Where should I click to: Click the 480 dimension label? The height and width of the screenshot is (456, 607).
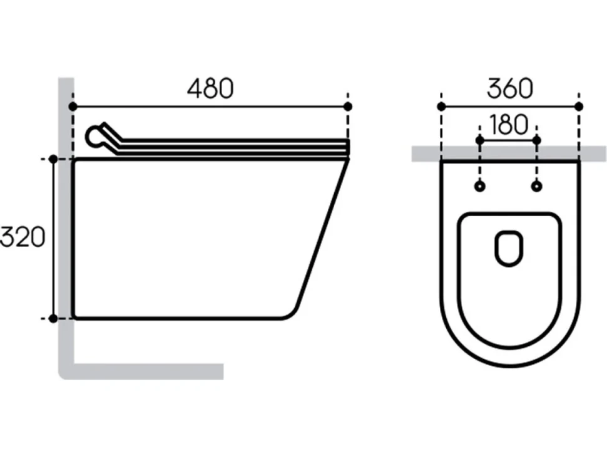(210, 88)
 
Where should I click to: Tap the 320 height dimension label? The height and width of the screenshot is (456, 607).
(23, 237)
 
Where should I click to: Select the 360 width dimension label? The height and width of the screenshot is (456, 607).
(510, 88)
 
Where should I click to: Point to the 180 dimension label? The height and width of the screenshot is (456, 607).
(508, 125)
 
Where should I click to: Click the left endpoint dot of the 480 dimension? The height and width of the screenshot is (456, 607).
(73, 106)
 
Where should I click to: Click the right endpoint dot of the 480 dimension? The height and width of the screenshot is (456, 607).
(348, 106)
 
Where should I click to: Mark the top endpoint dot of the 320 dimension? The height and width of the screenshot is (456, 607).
(53, 159)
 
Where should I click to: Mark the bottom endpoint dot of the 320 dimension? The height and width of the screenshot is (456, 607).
(53, 319)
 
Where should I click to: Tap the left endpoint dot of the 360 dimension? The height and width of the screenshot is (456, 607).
(441, 106)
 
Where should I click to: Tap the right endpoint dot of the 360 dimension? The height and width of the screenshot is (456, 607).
(579, 106)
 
